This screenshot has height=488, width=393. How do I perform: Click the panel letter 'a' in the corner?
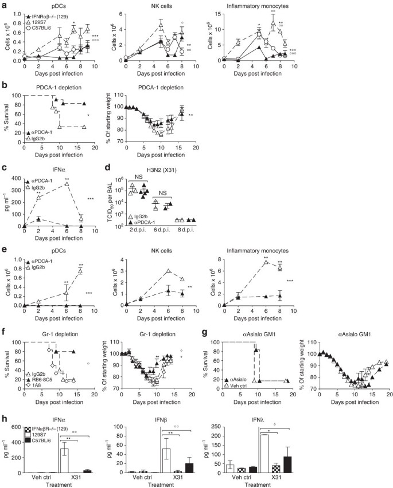point(4,5)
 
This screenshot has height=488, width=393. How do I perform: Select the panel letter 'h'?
point(4,408)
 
